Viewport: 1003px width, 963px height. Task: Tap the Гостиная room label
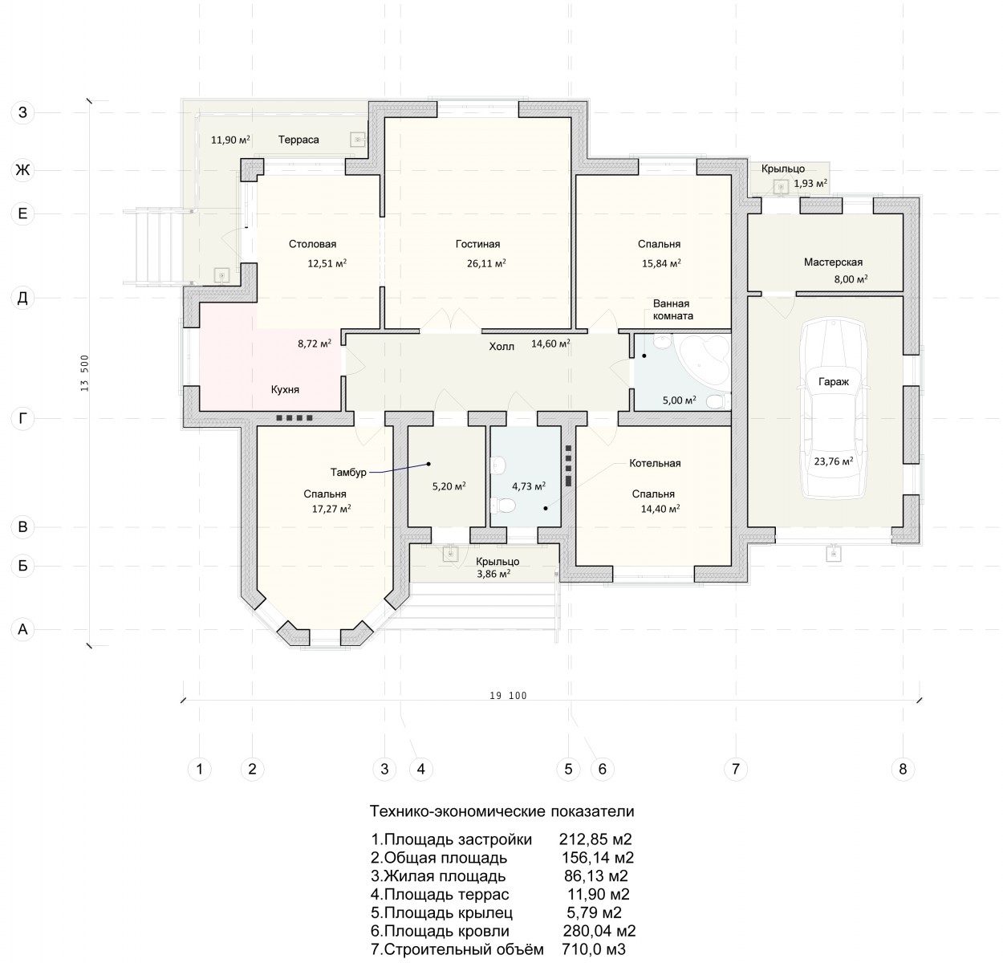click(x=477, y=244)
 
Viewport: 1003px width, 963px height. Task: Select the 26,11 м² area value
click(x=486, y=263)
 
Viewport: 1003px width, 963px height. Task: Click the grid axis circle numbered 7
click(x=736, y=769)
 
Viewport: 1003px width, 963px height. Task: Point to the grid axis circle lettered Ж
click(x=22, y=169)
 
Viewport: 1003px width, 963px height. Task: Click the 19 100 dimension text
click(x=508, y=696)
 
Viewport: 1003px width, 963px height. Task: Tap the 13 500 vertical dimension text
click(x=85, y=372)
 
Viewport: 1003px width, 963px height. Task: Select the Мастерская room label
click(x=833, y=262)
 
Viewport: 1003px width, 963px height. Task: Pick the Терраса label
click(x=298, y=140)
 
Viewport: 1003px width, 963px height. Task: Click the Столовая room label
click(x=312, y=244)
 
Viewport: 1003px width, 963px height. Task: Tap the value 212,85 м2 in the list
click(x=595, y=839)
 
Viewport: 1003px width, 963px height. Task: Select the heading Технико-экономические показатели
click(x=501, y=811)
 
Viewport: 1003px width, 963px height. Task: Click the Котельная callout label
click(x=655, y=463)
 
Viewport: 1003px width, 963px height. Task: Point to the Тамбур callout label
click(x=348, y=472)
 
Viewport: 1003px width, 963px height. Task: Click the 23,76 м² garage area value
click(x=834, y=461)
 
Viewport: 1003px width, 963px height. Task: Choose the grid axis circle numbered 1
click(x=200, y=769)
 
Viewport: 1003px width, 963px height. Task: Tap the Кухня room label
click(x=285, y=390)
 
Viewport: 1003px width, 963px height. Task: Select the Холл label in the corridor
click(x=501, y=347)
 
